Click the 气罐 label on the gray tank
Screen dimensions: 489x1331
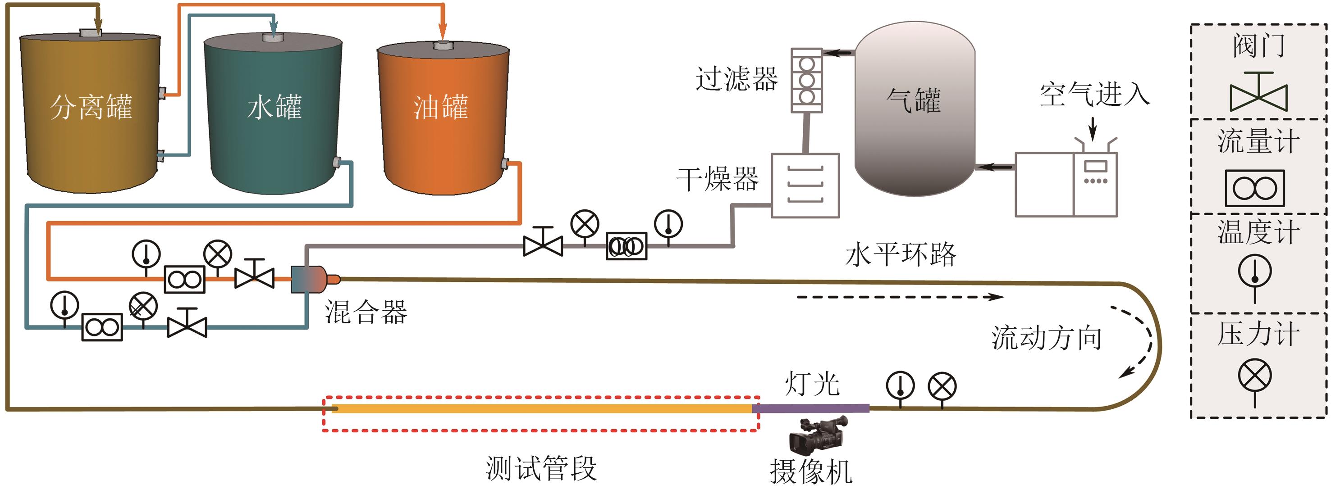point(914,100)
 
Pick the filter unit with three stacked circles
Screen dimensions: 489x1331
point(806,81)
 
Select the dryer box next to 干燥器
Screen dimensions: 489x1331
point(805,186)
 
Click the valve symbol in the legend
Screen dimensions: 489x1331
point(1258,94)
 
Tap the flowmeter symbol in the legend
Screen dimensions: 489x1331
point(1254,188)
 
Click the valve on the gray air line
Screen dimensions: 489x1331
point(543,243)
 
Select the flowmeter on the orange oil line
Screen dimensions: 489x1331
point(184,279)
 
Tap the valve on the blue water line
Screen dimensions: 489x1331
point(187,324)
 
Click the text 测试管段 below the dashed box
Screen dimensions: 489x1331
point(541,468)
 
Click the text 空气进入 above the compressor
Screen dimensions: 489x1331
point(1094,95)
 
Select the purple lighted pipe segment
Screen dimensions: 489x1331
point(810,408)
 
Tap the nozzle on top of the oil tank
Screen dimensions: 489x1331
point(443,46)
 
